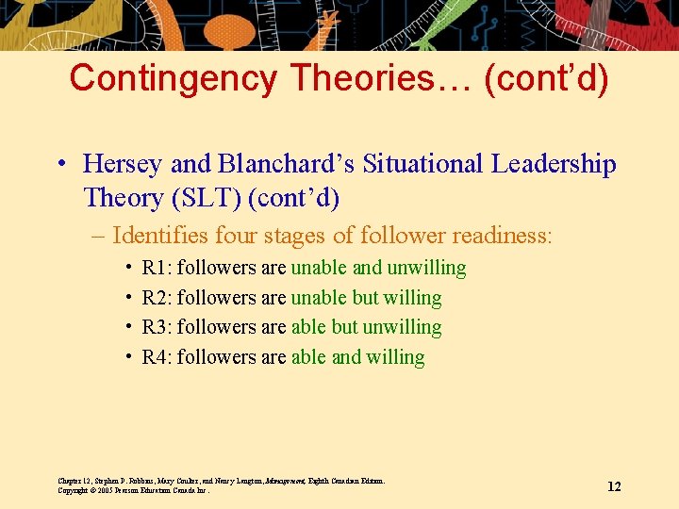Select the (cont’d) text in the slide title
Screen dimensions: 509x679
point(546,78)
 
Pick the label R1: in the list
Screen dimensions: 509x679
point(157,269)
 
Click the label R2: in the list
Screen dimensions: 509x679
point(157,299)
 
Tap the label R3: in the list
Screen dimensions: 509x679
point(157,328)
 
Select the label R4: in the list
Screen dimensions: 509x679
point(157,357)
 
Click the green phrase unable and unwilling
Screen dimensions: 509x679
point(378,269)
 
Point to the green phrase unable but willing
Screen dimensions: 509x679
point(366,299)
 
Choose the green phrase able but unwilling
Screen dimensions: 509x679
point(366,328)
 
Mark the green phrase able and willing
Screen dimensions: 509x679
point(357,357)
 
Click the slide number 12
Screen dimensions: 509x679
point(614,486)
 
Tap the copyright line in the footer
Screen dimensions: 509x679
point(133,491)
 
